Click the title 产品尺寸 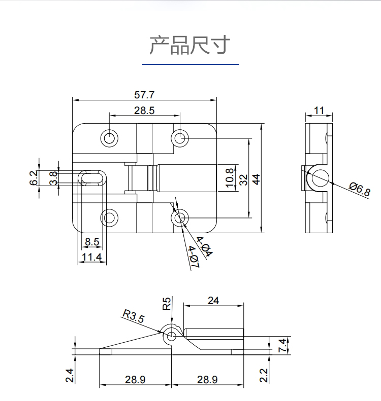(189, 46)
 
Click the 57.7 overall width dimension (144, 95)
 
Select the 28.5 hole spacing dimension (144, 110)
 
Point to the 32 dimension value (243, 179)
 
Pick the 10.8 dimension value (230, 178)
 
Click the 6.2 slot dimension (34, 177)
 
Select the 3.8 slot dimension (53, 177)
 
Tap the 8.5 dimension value (92, 242)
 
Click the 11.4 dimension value (92, 258)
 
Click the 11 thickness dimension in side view (319, 111)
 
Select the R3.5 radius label (134, 317)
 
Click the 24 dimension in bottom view (213, 300)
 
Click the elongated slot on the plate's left (92, 178)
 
